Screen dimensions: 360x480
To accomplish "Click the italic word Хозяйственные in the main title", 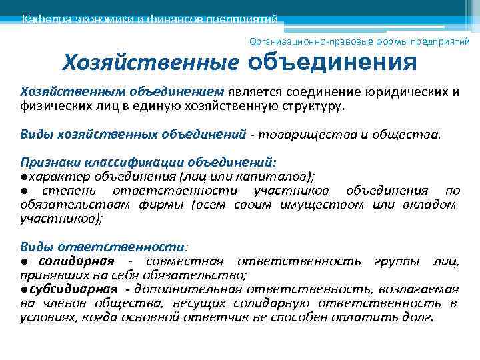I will pos(151,63).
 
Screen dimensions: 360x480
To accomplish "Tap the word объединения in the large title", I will pos(332,63).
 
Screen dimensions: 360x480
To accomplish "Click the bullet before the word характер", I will pos(23,177).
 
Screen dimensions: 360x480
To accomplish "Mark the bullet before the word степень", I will pos(23,191).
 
